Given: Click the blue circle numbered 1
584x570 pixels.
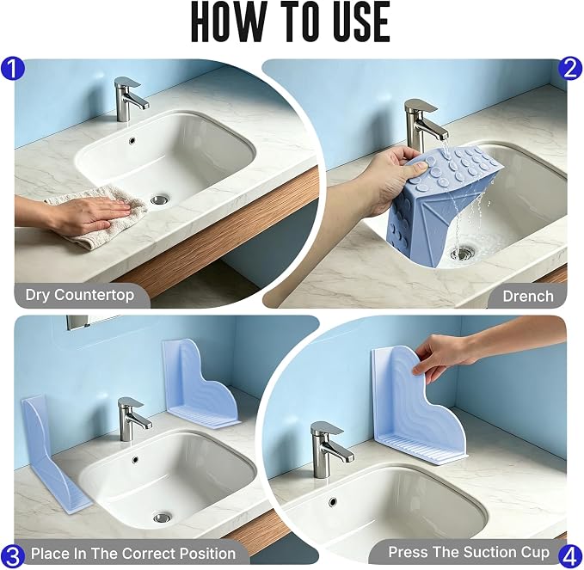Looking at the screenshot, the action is pyautogui.click(x=12, y=70).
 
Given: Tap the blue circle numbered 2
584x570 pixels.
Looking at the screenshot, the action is pyautogui.click(x=571, y=68).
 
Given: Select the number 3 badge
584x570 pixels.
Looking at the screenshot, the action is pyautogui.click(x=13, y=557).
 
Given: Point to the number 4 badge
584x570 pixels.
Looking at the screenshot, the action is pyautogui.click(x=570, y=557).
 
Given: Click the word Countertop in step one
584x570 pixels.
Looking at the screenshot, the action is pyautogui.click(x=95, y=295).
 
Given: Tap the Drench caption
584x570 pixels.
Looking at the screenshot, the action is pyautogui.click(x=528, y=297).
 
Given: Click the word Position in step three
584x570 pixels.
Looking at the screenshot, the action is pyautogui.click(x=204, y=554).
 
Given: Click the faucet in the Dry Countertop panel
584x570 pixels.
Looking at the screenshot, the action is pyautogui.click(x=129, y=98).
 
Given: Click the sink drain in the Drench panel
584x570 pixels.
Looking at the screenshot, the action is pyautogui.click(x=463, y=253).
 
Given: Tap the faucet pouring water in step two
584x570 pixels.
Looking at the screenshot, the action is pyautogui.click(x=425, y=126).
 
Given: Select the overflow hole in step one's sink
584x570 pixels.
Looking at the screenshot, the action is pyautogui.click(x=132, y=141).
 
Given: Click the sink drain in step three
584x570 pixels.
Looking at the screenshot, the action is pyautogui.click(x=163, y=518).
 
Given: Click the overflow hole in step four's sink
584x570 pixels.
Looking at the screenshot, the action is pyautogui.click(x=333, y=502).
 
